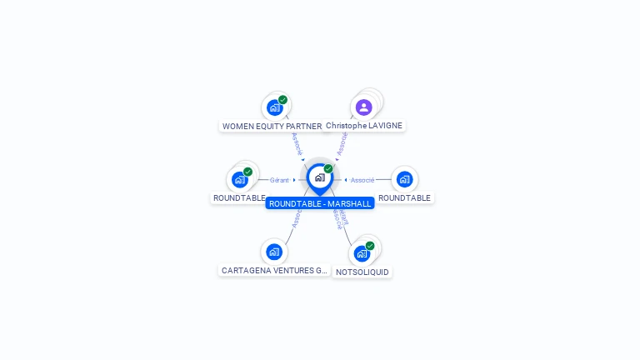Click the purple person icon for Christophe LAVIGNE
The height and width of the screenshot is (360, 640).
tap(363, 107)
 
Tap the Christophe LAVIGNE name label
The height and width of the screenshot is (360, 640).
tap(364, 126)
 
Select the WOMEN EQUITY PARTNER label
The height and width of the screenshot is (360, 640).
tap(272, 127)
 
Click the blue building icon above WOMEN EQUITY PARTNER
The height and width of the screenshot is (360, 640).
tap(273, 107)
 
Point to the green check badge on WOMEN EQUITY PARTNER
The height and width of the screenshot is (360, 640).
tap(283, 100)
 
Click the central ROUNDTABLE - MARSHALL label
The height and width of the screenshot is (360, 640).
tap(320, 203)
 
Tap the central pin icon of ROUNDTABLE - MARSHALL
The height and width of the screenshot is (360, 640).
tap(319, 177)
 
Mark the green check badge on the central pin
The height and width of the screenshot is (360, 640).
tap(328, 169)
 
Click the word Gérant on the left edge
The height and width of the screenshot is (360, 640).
tap(279, 180)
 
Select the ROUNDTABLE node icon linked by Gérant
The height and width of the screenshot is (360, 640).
tap(240, 179)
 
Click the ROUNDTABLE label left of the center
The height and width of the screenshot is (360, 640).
tap(239, 198)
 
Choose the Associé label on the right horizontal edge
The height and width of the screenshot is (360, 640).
tap(362, 180)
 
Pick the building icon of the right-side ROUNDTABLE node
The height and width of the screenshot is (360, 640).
tap(404, 179)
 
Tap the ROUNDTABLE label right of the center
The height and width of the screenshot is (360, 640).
tap(404, 198)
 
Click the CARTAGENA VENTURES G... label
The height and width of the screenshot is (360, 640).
tap(274, 271)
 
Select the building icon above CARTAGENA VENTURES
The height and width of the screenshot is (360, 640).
tap(274, 252)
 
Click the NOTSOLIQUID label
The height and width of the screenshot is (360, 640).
tap(362, 272)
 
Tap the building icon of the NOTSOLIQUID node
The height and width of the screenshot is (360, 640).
tap(361, 253)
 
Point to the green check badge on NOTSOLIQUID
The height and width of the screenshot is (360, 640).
tap(370, 246)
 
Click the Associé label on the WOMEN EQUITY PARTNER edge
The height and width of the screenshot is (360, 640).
tap(297, 143)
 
